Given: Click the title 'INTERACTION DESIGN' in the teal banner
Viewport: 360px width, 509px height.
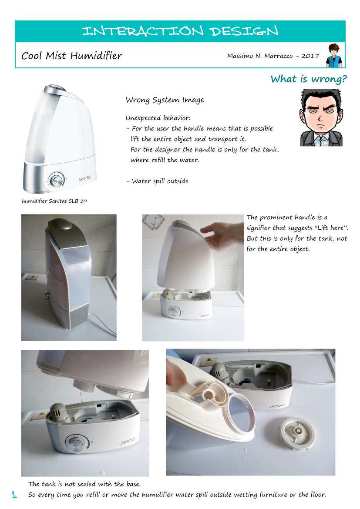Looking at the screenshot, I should pyautogui.click(x=180, y=31).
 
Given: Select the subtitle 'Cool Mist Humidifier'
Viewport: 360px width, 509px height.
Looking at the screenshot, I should pyautogui.click(x=72, y=56).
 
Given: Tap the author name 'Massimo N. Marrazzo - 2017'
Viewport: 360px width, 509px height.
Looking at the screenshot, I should pyautogui.click(x=273, y=56).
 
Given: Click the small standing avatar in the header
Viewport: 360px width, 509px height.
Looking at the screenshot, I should pyautogui.click(x=334, y=55).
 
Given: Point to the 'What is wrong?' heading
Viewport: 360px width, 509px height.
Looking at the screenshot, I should pyautogui.click(x=308, y=79).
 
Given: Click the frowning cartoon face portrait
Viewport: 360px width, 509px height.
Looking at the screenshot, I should pyautogui.click(x=321, y=118).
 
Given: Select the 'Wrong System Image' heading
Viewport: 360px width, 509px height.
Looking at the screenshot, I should pyautogui.click(x=165, y=100).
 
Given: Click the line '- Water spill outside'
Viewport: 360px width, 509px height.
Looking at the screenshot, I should pyautogui.click(x=157, y=181).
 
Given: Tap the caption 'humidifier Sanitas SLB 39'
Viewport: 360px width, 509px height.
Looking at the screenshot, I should pyautogui.click(x=54, y=201).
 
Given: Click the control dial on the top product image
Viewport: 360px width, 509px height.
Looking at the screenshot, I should pyautogui.click(x=56, y=181).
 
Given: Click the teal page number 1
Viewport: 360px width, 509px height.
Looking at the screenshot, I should pyautogui.click(x=14, y=494).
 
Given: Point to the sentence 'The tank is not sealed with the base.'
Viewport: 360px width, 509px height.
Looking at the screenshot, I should pyautogui.click(x=84, y=484).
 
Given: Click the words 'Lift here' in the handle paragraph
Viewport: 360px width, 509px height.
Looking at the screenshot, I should pyautogui.click(x=330, y=228).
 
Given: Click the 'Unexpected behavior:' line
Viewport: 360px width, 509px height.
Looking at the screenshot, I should pyautogui.click(x=158, y=118).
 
